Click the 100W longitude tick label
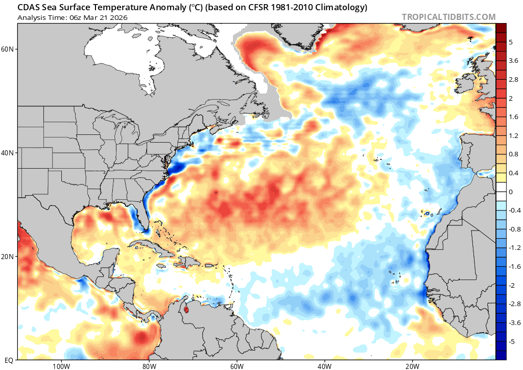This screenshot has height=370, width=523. (x=61, y=365)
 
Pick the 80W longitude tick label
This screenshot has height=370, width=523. (x=149, y=365)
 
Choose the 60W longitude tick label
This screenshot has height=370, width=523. (x=236, y=365)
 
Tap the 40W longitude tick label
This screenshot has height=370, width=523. (x=324, y=365)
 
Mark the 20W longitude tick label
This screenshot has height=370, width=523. (x=412, y=365)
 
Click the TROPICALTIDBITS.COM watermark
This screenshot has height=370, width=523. (x=448, y=17)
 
